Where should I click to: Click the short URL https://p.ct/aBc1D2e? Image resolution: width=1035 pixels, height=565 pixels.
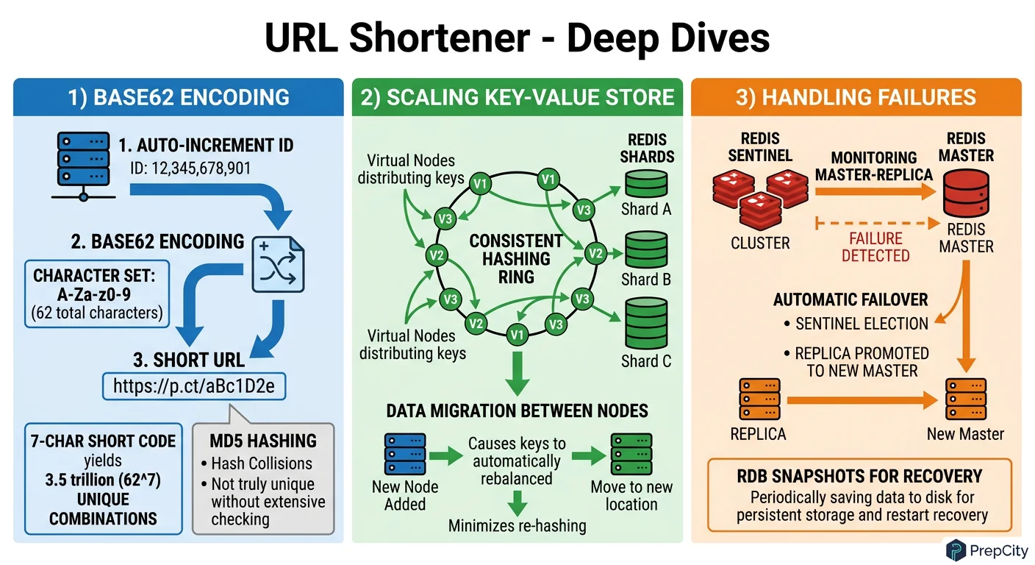tap(193, 385)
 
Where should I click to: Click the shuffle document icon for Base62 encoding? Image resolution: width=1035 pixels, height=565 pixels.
tap(278, 263)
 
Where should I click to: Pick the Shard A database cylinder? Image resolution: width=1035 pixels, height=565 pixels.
tap(645, 183)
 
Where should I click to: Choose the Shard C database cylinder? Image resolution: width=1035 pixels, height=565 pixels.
tap(645, 324)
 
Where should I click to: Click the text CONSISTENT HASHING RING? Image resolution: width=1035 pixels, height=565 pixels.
tap(516, 259)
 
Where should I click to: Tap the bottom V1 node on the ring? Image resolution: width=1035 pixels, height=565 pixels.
tap(517, 335)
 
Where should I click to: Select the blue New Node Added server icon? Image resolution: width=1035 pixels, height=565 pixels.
tap(405, 454)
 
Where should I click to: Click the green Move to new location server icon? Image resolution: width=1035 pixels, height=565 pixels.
tap(631, 454)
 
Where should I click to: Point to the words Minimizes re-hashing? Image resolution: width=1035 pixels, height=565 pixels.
tap(517, 525)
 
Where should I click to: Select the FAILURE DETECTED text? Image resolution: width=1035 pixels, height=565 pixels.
tap(875, 247)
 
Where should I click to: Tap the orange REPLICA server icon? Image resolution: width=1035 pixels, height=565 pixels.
tap(758, 399)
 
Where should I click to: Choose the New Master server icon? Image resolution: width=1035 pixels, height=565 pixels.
tap(964, 399)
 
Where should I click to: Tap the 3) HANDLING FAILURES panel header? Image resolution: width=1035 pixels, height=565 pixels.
tap(856, 97)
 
